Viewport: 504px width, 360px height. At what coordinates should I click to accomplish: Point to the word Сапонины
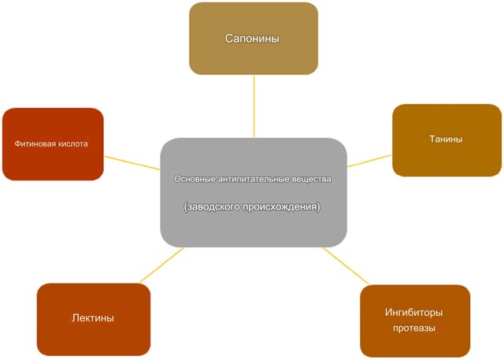pos(253,38)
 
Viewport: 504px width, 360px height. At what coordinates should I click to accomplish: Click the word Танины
pos(446,139)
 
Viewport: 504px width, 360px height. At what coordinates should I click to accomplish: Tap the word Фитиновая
pos(36,144)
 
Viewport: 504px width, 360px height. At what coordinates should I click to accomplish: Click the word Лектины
pos(93,318)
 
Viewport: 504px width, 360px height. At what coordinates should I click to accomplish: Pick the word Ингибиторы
pos(414,312)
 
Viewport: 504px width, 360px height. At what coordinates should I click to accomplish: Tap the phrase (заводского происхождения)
pos(253,206)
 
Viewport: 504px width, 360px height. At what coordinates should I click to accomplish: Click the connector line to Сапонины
pos(254,106)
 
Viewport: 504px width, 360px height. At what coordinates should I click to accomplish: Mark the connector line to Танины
pos(369,160)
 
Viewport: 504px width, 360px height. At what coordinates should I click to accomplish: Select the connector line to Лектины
pos(162,265)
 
